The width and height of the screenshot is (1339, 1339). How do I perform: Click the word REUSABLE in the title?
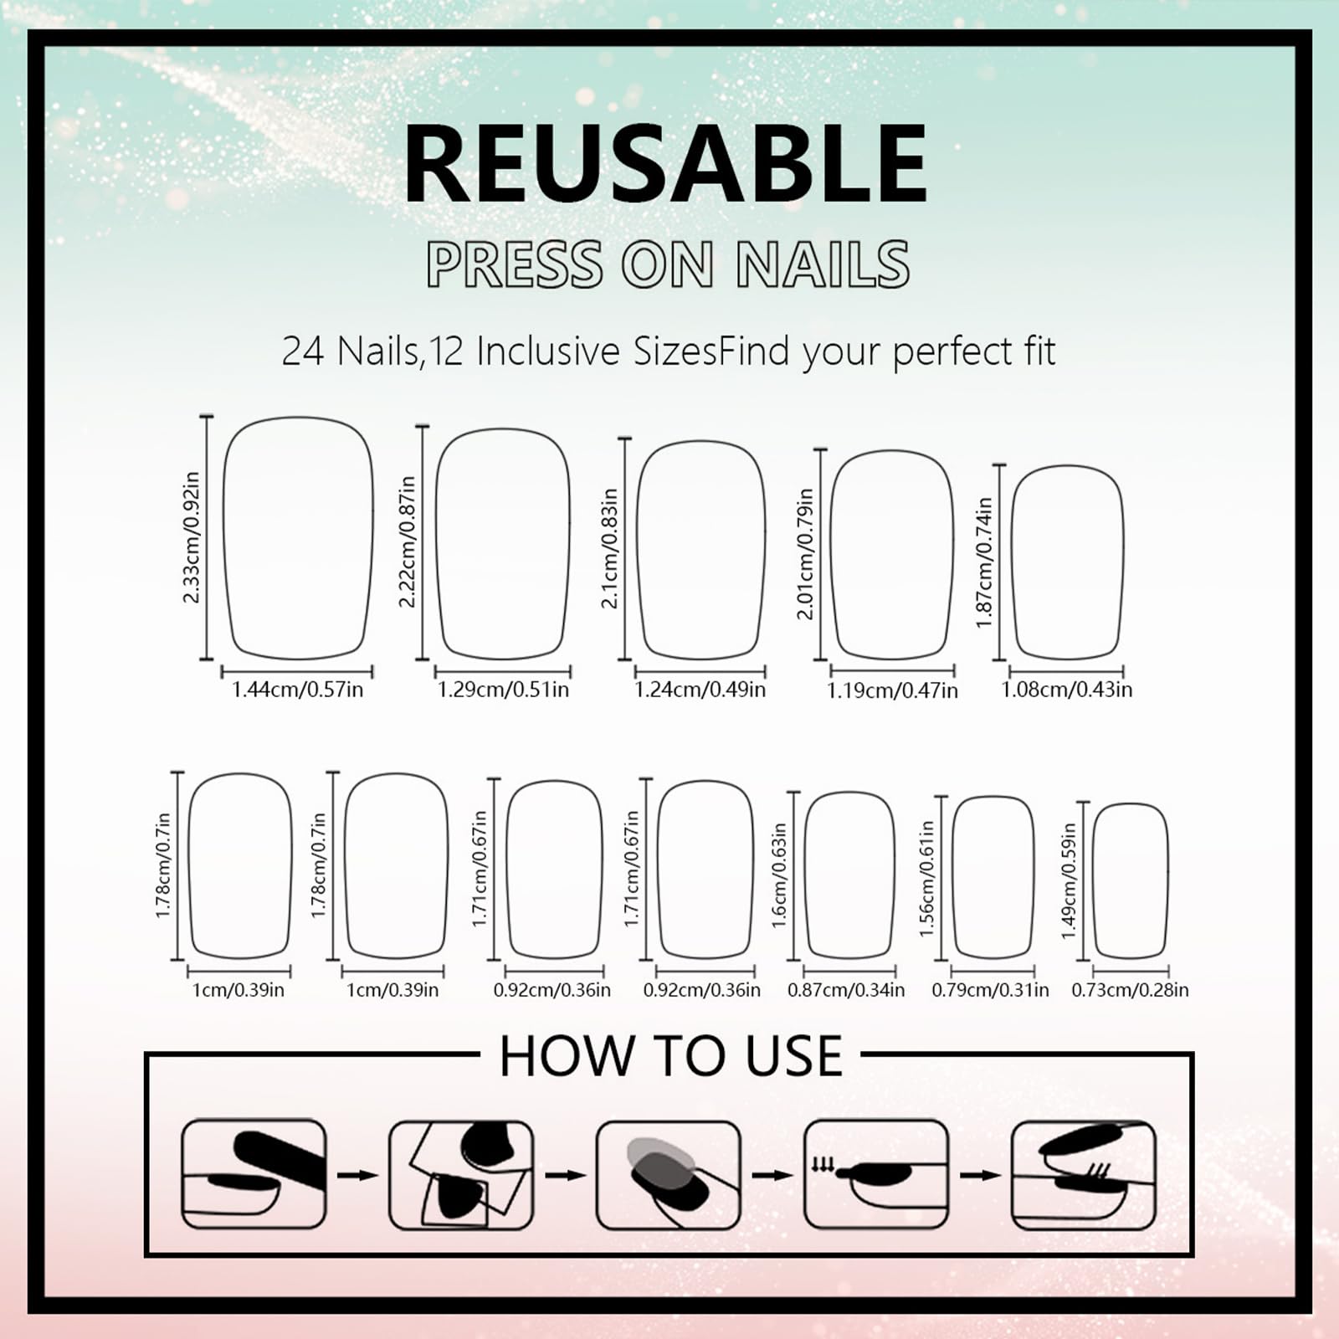(x=666, y=163)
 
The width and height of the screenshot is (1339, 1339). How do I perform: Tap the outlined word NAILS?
(x=823, y=264)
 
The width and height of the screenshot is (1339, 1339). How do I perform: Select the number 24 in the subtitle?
(x=302, y=351)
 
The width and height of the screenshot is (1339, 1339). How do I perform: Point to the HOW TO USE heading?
(x=670, y=1056)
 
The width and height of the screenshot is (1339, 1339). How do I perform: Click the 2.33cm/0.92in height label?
(x=192, y=537)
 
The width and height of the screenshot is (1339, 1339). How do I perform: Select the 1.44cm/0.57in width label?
(x=297, y=690)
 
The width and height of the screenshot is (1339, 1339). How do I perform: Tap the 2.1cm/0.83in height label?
(x=610, y=548)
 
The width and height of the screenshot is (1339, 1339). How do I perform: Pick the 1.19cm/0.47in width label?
(x=892, y=690)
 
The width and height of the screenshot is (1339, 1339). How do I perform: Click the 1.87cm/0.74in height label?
(x=984, y=562)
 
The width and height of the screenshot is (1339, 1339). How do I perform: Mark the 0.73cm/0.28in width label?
(x=1130, y=990)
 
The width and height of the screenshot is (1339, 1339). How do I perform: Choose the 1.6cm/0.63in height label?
(x=779, y=875)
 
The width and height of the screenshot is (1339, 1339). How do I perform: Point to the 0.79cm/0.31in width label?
(x=990, y=990)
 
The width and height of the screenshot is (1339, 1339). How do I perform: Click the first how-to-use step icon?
(x=254, y=1174)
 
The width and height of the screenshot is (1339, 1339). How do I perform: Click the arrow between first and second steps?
(x=358, y=1176)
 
